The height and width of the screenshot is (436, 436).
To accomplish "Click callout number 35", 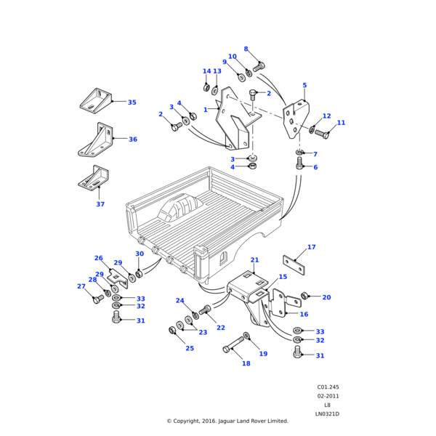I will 132,102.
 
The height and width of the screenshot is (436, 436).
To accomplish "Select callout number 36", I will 132,139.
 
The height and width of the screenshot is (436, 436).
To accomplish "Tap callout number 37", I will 100,204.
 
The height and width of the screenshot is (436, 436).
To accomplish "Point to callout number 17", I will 311,247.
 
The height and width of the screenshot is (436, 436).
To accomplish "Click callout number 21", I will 254,260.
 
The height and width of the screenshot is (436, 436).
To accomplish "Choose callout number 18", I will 246,363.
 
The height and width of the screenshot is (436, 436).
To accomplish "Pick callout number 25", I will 189,349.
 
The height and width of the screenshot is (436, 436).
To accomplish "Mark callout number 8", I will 246,49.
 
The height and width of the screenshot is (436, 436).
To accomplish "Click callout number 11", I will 341,123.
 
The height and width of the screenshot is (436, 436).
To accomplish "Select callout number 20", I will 326,297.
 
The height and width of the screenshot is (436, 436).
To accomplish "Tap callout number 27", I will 81,286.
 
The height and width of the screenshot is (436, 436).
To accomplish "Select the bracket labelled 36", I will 95,142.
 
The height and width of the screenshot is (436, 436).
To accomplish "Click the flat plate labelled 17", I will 293,264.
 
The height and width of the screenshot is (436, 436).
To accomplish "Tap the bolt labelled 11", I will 322,134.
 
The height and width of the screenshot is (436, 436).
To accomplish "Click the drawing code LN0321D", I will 327,414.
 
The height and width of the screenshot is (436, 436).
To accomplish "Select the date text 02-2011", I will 327,396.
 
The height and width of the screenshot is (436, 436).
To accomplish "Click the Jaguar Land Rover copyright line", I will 227,421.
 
